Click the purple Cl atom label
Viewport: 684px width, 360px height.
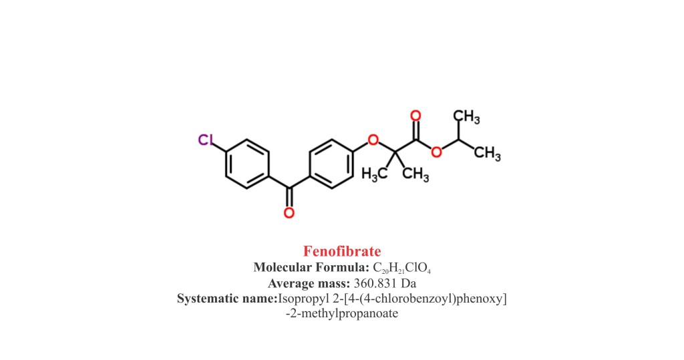point(206,140)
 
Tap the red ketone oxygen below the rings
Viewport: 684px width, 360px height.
point(289,213)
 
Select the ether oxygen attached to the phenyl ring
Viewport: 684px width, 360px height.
point(373,140)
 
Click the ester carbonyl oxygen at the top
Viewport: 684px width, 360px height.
point(415,116)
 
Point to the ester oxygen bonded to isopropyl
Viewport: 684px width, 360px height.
point(436,152)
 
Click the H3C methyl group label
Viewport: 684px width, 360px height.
point(374,174)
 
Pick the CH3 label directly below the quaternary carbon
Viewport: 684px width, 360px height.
point(415,174)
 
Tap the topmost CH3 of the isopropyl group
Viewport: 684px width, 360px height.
point(466,117)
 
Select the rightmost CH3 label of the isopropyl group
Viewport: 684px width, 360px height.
point(487,154)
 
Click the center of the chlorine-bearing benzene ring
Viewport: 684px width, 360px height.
point(247,164)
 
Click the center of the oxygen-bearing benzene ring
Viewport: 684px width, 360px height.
point(331,164)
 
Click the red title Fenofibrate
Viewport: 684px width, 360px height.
point(342,251)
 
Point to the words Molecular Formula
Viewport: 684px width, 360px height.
point(311,267)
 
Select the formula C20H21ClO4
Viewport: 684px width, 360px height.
point(401,268)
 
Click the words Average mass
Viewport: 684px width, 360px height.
point(309,284)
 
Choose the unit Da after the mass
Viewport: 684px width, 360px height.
point(409,284)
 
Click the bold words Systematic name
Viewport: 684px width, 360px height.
point(227,299)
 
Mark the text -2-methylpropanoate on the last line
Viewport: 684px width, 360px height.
point(342,313)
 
